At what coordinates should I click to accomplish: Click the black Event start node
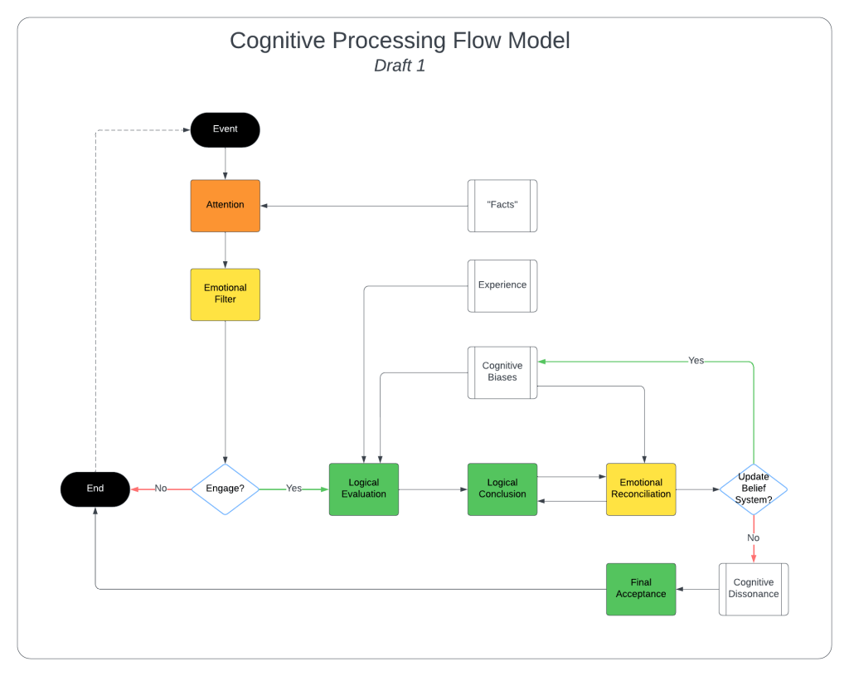(x=226, y=129)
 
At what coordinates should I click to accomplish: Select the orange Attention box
(x=226, y=205)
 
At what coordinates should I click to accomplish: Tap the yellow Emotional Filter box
(x=226, y=294)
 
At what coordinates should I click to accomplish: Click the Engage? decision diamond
(x=226, y=489)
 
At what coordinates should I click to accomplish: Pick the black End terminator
(x=95, y=489)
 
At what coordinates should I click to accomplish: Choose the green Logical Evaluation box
(x=364, y=489)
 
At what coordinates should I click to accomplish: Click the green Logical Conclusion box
(x=502, y=489)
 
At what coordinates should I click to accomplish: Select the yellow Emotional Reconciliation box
(x=641, y=489)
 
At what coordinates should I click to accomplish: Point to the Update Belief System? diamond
(x=753, y=489)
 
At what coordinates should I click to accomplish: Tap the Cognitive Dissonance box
(x=754, y=589)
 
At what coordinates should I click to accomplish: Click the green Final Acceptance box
(x=641, y=589)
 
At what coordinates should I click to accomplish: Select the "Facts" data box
(x=502, y=206)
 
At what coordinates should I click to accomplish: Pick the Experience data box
(x=502, y=285)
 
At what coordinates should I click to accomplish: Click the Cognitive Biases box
(x=502, y=372)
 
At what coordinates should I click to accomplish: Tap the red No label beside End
(x=161, y=489)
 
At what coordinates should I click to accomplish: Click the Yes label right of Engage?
(x=294, y=489)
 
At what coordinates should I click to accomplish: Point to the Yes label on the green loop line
(x=696, y=361)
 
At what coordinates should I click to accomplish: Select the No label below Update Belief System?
(x=754, y=538)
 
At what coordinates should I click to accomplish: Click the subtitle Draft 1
(x=400, y=66)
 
